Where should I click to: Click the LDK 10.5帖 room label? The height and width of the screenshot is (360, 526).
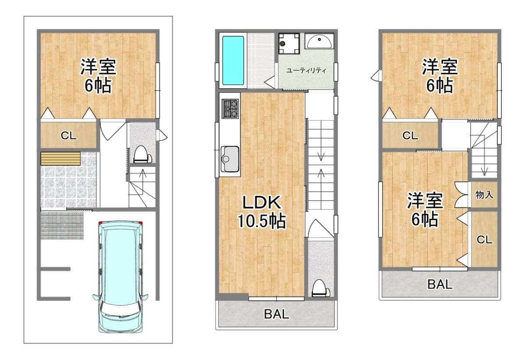click(x=262, y=212)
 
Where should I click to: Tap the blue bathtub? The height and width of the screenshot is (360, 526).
click(x=233, y=61)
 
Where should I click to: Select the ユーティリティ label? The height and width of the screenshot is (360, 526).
click(x=306, y=71)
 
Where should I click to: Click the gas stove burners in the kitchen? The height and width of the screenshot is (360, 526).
click(x=230, y=108)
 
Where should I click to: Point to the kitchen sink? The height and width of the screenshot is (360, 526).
click(x=230, y=159)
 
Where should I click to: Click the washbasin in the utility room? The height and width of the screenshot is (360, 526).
click(x=320, y=41)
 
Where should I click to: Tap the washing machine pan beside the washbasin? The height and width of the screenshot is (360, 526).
click(x=289, y=44)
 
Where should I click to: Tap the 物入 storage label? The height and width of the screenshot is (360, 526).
click(x=484, y=195)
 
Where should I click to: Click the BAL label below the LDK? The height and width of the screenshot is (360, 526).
click(x=277, y=314)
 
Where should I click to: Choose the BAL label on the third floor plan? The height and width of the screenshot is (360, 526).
click(x=440, y=284)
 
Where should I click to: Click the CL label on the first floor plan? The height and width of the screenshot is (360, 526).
click(x=68, y=135)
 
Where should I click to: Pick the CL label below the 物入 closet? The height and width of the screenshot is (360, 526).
click(x=484, y=240)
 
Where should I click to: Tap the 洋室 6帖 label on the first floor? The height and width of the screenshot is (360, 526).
click(x=98, y=75)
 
